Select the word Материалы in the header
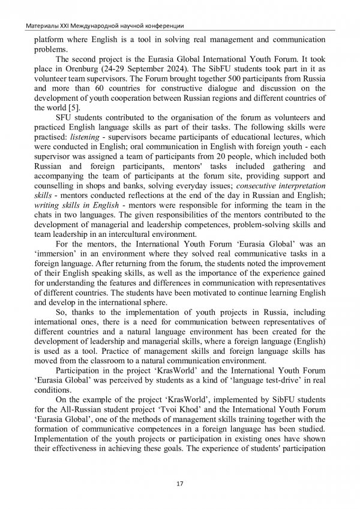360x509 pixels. pos(37,26)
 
